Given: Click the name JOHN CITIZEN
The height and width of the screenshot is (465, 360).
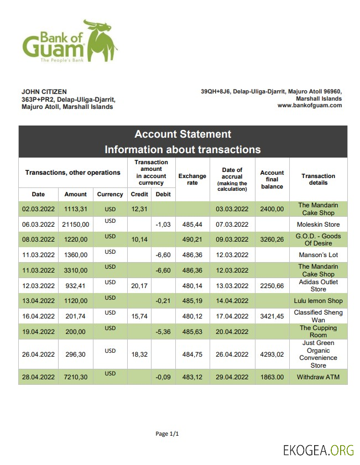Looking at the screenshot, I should [44, 91].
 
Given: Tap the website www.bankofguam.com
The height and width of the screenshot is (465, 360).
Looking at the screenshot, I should [310, 105].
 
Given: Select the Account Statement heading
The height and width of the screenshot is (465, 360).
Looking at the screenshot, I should [182, 134].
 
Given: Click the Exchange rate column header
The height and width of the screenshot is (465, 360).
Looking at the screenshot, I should [192, 179].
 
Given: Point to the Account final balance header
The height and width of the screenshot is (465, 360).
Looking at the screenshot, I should [272, 180].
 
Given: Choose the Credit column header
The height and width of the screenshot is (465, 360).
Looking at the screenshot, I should [139, 194].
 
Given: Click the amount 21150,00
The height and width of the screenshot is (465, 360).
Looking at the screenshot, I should [75, 224].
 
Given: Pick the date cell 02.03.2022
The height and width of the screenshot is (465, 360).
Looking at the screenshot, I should [38, 209].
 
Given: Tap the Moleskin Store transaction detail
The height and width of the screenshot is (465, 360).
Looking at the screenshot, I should [318, 224].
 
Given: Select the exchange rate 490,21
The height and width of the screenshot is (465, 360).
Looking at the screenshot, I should [192, 240].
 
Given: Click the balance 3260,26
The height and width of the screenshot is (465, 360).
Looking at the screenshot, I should [272, 240].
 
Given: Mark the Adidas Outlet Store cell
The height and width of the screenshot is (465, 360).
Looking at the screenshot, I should [318, 285].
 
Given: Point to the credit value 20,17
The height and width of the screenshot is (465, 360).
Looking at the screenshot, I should [139, 285].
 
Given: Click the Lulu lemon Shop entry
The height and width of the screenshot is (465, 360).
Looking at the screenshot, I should [318, 301].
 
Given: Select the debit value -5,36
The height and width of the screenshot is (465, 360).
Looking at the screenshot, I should [163, 331].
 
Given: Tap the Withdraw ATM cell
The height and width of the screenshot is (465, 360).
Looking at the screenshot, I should [318, 377].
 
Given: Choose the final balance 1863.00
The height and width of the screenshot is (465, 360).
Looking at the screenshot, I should [272, 377].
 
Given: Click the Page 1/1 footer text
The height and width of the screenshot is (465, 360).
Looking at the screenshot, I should [167, 434].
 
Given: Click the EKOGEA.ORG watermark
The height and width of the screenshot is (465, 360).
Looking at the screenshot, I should [318, 450].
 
